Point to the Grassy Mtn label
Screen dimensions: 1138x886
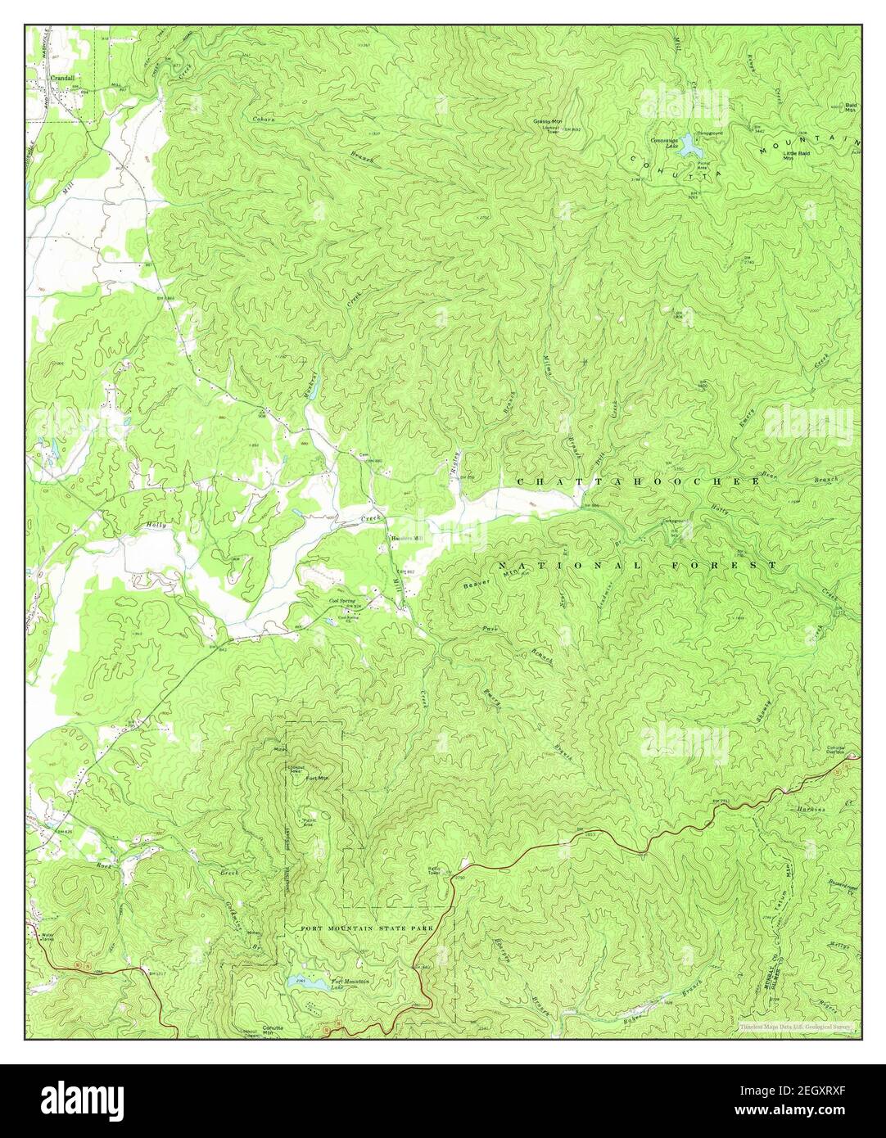click(546, 122)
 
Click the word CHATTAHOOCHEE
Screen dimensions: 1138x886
click(639, 482)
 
